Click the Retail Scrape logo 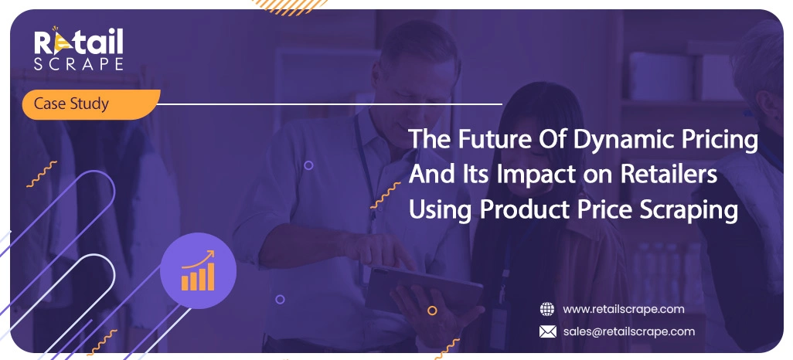tap(77, 48)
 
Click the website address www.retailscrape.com tap(623, 309)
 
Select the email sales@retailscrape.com tap(628, 331)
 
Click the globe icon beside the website tap(547, 309)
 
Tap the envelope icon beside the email tap(547, 331)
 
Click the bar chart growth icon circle tap(197, 270)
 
